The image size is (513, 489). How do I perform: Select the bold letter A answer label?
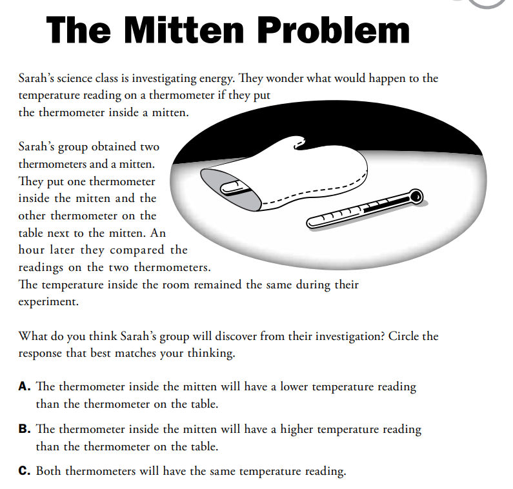25,387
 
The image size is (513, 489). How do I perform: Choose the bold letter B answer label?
25,429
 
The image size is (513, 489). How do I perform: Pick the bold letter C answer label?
25,471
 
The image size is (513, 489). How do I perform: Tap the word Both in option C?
49,471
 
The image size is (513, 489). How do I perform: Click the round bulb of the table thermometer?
416,194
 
